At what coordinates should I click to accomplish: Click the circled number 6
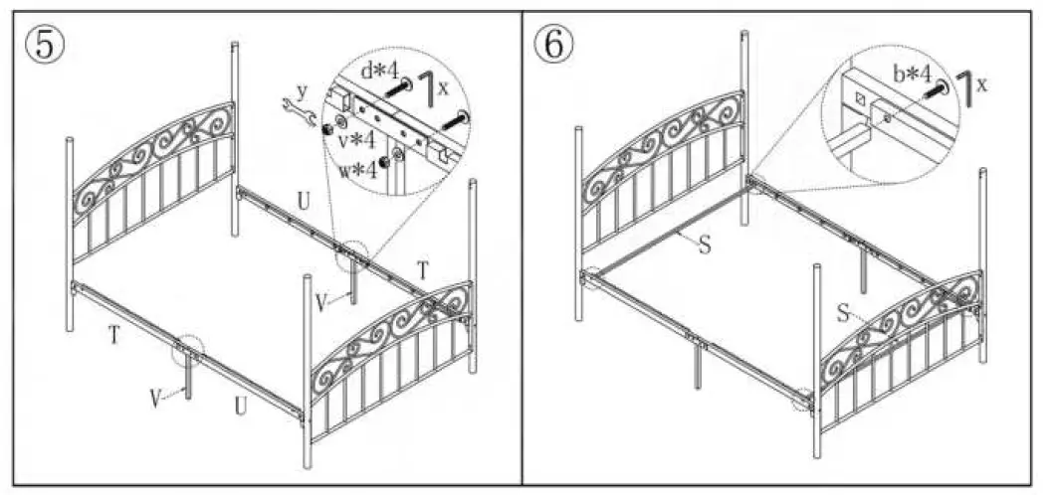[553, 44]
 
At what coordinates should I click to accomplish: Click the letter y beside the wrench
[302, 91]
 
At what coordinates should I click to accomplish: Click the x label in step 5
[444, 87]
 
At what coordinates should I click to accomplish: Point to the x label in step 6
[982, 84]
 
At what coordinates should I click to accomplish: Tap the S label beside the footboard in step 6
[842, 315]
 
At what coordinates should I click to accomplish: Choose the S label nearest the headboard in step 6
[705, 245]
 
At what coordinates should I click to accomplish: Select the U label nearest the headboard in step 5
[303, 202]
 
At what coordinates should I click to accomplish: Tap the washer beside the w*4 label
[398, 155]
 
